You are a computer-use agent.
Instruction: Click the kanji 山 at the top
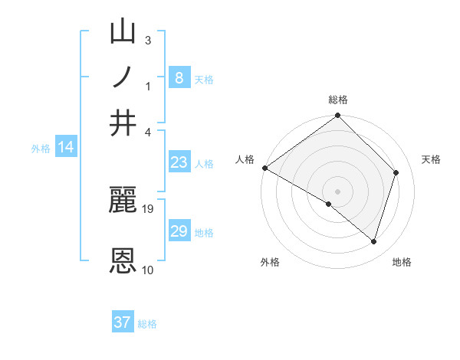point(123,34)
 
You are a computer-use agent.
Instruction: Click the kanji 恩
point(123,260)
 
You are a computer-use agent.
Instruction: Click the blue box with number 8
point(179,77)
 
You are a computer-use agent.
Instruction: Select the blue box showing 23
point(179,162)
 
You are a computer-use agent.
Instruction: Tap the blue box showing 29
point(179,231)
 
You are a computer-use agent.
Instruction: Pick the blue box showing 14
point(66,148)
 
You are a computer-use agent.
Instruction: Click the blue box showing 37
point(123,322)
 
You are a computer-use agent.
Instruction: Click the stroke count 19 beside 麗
point(148,208)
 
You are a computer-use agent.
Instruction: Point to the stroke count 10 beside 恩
point(148,270)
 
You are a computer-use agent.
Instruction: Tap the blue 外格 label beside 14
point(41,149)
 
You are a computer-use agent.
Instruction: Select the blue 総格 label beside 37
point(147,324)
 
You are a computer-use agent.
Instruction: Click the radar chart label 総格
point(338,100)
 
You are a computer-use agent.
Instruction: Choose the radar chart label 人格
point(245,159)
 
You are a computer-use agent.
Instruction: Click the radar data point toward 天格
point(396,172)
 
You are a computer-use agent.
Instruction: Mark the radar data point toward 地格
point(374,241)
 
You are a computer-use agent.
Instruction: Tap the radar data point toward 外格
point(329,204)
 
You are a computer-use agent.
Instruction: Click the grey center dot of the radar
point(338,191)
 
